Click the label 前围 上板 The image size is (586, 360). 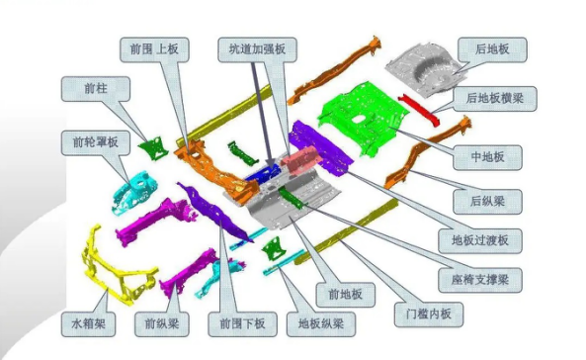tap(154, 49)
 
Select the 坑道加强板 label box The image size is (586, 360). tap(257, 49)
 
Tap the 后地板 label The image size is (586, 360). tap(492, 49)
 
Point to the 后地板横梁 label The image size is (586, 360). tap(495, 99)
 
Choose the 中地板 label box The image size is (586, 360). tap(487, 157)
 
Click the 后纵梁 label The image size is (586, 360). tap(487, 202)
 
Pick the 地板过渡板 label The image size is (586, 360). tap(480, 240)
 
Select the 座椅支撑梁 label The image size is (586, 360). tap(480, 280)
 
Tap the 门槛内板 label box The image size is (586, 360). tap(429, 315)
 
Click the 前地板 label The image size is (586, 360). tap(345, 295)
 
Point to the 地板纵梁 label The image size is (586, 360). tap(321, 324)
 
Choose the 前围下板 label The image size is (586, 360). tap(242, 324)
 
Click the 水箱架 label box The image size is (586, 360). tap(88, 324)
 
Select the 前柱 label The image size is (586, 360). tap(96, 89)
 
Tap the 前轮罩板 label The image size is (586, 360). tap(96, 142)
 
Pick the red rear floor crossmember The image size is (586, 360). tap(419, 110)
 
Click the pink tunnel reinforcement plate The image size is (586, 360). tap(301, 158)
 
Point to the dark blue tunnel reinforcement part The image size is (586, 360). tap(262, 174)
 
